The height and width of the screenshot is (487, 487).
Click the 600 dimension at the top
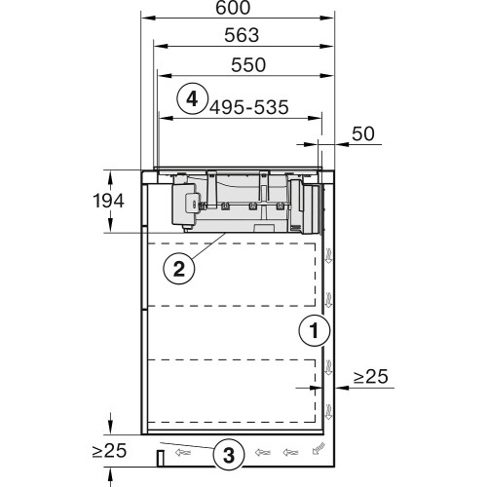238,9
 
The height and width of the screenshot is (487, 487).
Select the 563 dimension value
238,36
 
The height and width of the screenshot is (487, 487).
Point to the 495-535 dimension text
248,107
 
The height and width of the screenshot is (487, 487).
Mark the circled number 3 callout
227,453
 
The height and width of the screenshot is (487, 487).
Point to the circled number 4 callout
192,97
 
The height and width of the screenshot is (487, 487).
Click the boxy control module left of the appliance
186,202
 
